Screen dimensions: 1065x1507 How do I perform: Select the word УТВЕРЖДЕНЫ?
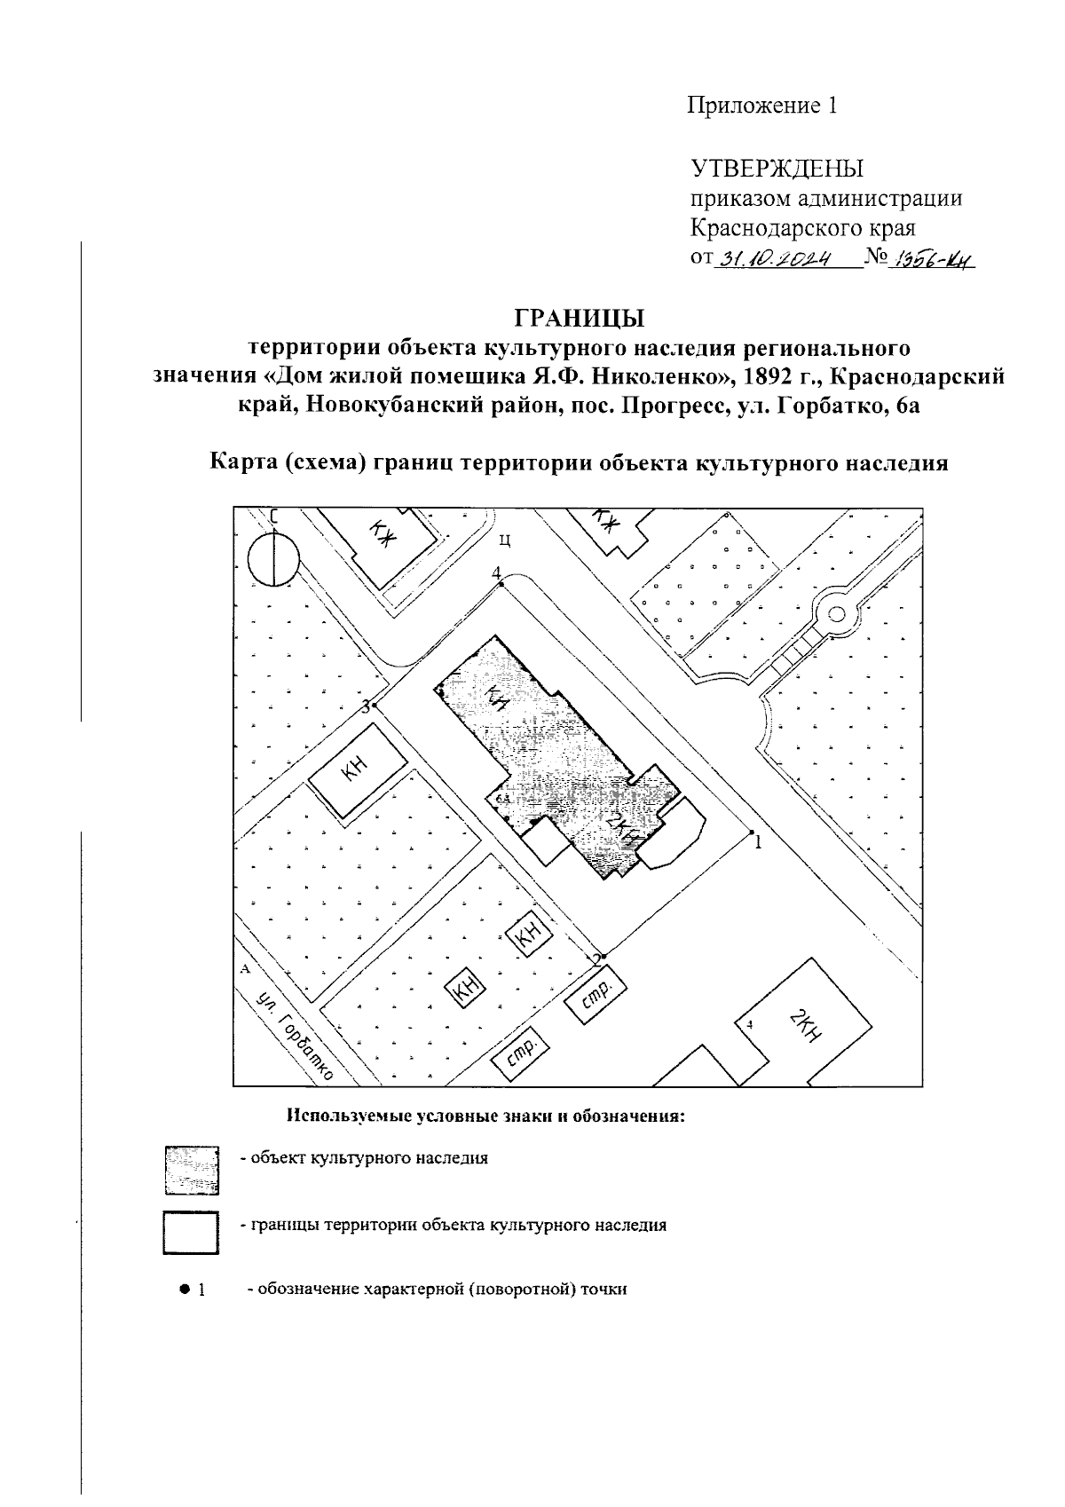pyautogui.click(x=777, y=169)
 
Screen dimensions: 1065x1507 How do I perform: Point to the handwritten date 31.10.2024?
pyautogui.click(x=771, y=260)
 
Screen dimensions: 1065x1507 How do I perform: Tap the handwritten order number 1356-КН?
pyautogui.click(x=931, y=260)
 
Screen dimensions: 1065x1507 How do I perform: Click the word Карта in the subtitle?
pyautogui.click(x=241, y=462)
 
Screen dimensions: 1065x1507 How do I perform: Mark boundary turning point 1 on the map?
pyautogui.click(x=751, y=832)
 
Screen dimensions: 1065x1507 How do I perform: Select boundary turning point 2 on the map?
pyautogui.click(x=599, y=955)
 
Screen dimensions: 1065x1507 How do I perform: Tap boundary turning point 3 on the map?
pyautogui.click(x=375, y=705)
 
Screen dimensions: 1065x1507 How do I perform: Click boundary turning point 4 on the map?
pyautogui.click(x=501, y=584)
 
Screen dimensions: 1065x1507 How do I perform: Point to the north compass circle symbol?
pyautogui.click(x=274, y=561)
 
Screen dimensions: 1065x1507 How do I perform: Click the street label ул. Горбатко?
pyautogui.click(x=293, y=1036)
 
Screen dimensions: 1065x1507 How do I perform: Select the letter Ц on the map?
pyautogui.click(x=503, y=538)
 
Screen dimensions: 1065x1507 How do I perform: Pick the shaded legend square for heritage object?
pyautogui.click(x=191, y=1169)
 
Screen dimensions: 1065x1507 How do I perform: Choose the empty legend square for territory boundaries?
pyautogui.click(x=191, y=1233)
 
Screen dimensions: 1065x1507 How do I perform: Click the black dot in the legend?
pyautogui.click(x=185, y=1288)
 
